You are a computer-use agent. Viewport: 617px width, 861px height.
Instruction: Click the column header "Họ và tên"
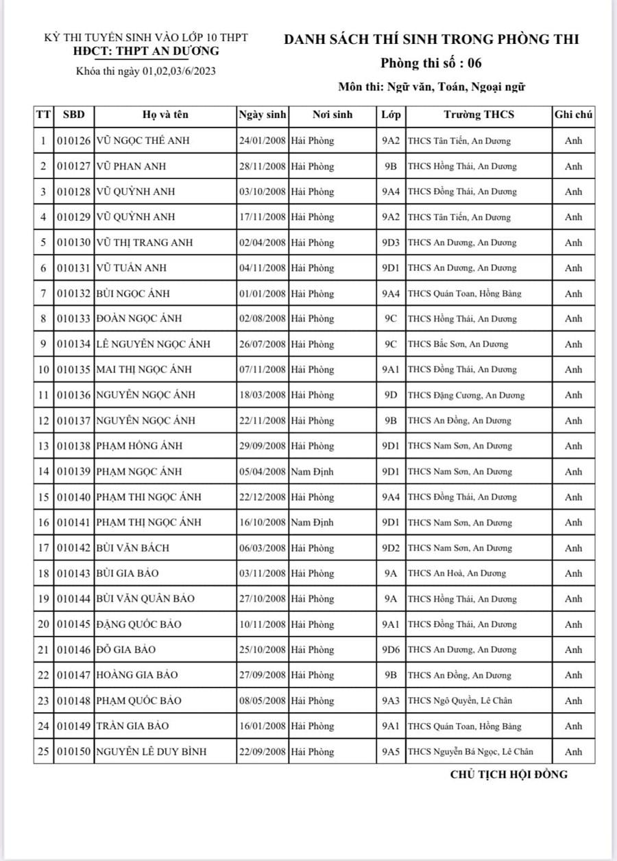[x=165, y=115]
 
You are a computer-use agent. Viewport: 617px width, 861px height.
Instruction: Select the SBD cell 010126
[x=74, y=141]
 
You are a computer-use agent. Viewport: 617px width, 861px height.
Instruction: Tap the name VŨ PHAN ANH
[x=131, y=166]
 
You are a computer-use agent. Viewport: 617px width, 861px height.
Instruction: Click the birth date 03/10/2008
[x=263, y=191]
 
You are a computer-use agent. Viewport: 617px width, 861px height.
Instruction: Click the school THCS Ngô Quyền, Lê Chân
[x=459, y=700]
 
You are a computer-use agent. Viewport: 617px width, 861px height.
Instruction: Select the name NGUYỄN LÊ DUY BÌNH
[x=151, y=752]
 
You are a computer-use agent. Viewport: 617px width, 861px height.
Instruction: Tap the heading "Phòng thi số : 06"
[x=431, y=64]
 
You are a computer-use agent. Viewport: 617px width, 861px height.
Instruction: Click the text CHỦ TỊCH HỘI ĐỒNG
[x=509, y=775]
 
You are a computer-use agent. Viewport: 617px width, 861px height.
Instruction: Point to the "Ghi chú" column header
[x=573, y=115]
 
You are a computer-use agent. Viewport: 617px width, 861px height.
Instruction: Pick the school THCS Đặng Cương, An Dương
[x=465, y=395]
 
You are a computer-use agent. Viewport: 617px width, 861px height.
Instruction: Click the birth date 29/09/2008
[x=263, y=446]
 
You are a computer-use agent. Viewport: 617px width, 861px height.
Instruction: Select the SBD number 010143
[x=74, y=574]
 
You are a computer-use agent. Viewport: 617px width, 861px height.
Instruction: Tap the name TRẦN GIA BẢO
[x=132, y=726]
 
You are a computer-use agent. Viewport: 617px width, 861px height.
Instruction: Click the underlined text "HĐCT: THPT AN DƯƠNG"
[x=147, y=51]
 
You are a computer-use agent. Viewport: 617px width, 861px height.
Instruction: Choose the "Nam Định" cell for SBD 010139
[x=312, y=471]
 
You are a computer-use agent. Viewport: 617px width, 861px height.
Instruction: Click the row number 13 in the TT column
[x=43, y=446]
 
